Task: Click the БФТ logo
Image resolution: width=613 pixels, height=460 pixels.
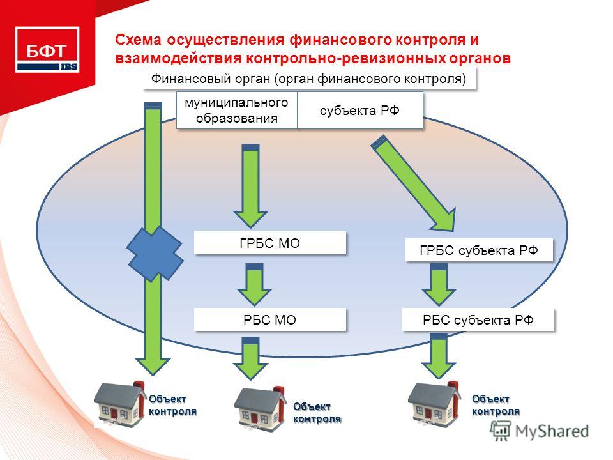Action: [47, 50]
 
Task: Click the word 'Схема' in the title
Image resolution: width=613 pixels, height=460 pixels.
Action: [138, 40]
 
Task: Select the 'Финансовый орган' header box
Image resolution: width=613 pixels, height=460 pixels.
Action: [309, 79]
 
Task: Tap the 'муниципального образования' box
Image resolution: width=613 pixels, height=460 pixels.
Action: [236, 111]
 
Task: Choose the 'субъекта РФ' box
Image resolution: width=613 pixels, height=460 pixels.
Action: [360, 111]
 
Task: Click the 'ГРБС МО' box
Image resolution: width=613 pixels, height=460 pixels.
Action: [269, 243]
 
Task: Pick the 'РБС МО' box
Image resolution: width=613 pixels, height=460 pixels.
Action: [269, 320]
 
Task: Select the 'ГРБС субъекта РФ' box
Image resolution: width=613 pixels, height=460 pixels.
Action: [479, 250]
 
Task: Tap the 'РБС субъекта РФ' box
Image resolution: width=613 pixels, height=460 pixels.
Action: [478, 320]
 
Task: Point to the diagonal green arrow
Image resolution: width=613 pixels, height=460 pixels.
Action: [414, 183]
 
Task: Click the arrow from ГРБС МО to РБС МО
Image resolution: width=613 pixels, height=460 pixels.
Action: [255, 284]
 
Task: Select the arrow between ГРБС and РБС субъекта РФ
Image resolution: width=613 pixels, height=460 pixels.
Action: [439, 284]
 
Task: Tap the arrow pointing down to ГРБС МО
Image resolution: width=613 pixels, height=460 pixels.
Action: [250, 186]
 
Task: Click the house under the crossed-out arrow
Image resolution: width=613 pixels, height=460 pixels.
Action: [119, 405]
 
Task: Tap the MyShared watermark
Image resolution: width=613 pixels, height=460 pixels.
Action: [540, 431]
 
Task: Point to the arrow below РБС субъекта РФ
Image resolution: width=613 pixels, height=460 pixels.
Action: [439, 356]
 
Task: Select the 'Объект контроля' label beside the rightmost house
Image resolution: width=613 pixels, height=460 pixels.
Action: [496, 405]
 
